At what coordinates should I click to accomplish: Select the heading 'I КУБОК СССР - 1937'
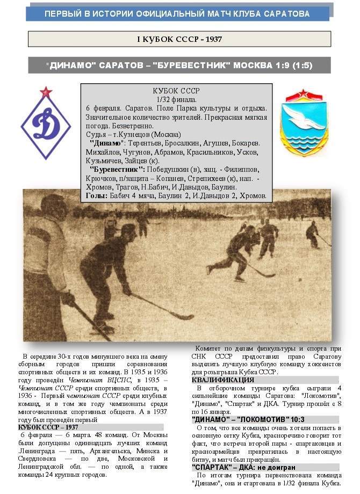pos(179,39)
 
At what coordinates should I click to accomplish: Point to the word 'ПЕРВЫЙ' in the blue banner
pos(64,13)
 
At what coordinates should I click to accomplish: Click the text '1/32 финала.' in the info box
pos(176,100)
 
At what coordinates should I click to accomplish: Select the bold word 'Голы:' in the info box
pos(98,195)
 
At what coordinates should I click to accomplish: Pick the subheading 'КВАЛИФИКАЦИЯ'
pos(222,380)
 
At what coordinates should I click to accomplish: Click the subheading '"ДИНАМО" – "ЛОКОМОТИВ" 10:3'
pos(241,419)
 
